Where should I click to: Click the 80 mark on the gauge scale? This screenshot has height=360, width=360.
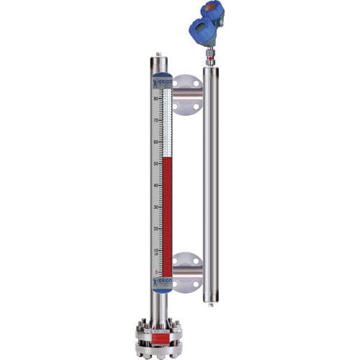[156, 98]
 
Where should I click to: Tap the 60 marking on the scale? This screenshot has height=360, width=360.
[156, 142]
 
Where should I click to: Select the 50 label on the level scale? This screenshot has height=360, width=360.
[156, 163]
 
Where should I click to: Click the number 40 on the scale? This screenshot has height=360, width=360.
[156, 185]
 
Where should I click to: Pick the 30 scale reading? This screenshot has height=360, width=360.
[156, 207]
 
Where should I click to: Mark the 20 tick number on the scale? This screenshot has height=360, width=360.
[156, 229]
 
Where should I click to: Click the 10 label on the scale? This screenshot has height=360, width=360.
[156, 251]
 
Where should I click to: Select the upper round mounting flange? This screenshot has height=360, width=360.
[186, 94]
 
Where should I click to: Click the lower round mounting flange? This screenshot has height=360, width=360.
[186, 272]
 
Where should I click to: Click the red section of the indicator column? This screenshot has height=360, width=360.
[167, 216]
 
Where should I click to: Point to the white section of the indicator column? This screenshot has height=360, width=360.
[167, 122]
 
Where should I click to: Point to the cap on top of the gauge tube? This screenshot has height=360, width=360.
[158, 55]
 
